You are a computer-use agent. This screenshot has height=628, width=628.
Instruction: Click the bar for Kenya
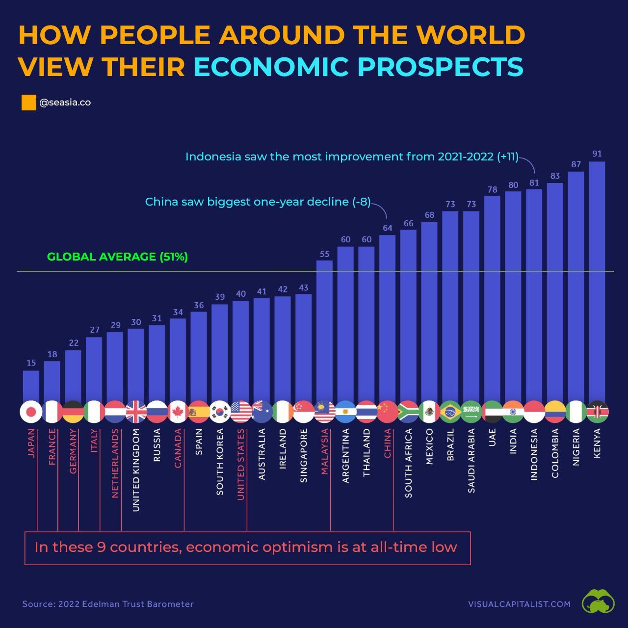[597, 282]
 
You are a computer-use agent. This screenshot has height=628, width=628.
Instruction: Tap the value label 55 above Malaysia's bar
[324, 254]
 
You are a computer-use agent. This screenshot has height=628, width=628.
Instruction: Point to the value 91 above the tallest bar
[597, 154]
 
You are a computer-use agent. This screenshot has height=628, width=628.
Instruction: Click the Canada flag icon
[178, 412]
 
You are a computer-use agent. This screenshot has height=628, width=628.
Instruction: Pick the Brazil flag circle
[450, 412]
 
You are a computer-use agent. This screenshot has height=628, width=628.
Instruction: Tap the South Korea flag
[220, 412]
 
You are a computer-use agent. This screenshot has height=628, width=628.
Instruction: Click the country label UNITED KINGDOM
[136, 470]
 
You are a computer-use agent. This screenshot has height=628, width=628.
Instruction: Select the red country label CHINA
[388, 443]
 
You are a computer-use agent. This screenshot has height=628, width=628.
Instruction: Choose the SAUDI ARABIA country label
[471, 460]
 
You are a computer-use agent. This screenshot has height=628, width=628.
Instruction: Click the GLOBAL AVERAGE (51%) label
[117, 257]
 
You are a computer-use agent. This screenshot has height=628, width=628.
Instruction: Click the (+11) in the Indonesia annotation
[507, 157]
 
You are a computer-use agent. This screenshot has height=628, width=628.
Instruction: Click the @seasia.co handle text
[65, 103]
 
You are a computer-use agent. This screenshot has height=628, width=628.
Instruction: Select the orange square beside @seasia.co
[28, 103]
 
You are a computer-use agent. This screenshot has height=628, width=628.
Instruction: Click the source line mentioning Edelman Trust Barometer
[108, 604]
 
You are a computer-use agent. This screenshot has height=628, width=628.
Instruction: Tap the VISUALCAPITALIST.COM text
[519, 604]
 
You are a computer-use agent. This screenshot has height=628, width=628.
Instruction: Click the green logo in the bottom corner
[598, 602]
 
